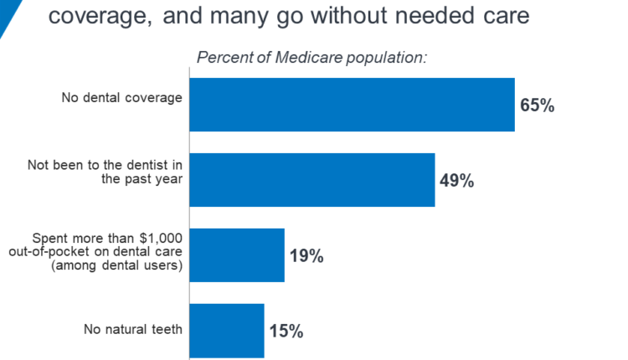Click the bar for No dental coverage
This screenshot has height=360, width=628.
pos(352,105)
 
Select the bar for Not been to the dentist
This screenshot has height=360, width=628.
pos(312,179)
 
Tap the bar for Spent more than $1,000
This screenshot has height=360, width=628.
pos(237,255)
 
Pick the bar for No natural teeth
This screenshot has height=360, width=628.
pos(227,330)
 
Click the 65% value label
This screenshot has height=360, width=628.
pos(538,105)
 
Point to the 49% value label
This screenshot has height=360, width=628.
pos(456,180)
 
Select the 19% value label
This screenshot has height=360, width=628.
pos(306,255)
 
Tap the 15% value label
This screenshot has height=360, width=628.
pos(286,330)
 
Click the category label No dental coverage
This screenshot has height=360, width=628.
pos(121,98)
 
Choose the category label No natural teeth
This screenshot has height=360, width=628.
pos(132,329)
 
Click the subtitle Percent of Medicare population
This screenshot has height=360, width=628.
pos(311,58)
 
